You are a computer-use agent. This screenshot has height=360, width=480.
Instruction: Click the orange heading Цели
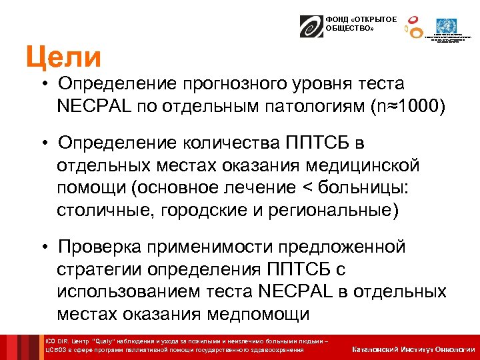(63, 57)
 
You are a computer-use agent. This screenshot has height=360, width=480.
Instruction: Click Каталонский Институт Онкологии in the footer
(413, 348)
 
